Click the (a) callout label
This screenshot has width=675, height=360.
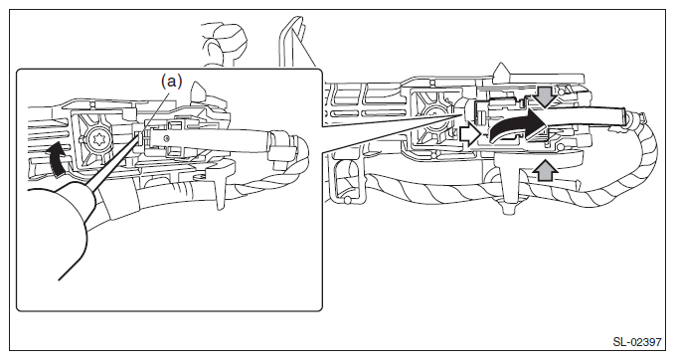click(x=171, y=81)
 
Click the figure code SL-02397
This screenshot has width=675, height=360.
click(x=637, y=342)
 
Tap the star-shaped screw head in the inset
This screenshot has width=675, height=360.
click(x=94, y=140)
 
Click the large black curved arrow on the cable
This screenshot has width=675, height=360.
click(x=517, y=125)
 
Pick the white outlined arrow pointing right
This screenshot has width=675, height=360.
click(x=469, y=134)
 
